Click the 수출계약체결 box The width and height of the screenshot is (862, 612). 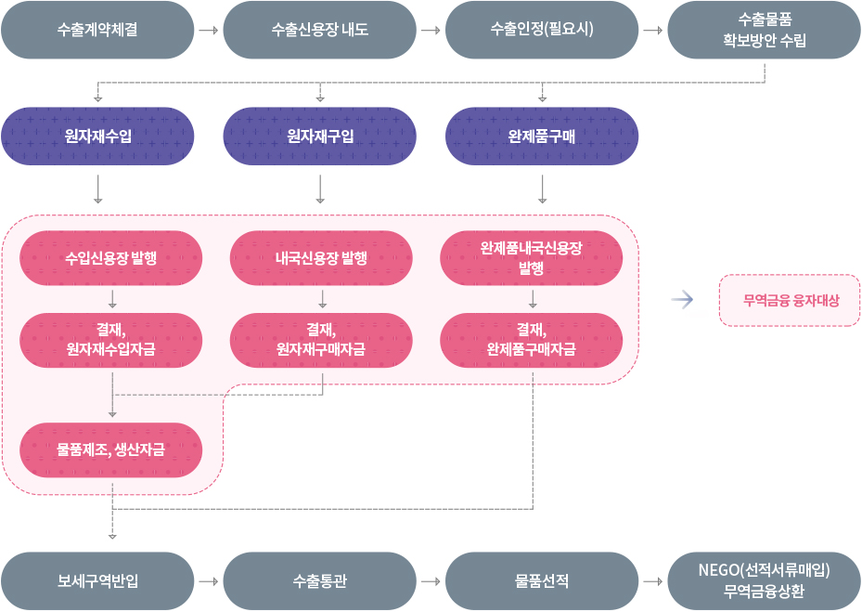(x=97, y=30)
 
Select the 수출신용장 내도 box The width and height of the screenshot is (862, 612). (x=320, y=30)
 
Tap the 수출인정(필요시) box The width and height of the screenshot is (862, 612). (x=542, y=30)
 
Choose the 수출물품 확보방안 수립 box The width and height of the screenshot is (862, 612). (x=765, y=30)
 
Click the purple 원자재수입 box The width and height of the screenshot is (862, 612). (x=97, y=137)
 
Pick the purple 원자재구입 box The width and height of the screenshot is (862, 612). (x=320, y=137)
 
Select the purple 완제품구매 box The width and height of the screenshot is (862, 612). (x=542, y=137)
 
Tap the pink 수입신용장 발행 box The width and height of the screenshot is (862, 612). (x=111, y=257)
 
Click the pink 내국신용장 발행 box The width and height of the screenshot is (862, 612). (x=321, y=257)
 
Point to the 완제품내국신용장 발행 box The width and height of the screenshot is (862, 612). (x=532, y=257)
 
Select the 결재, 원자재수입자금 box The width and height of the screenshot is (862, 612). (x=111, y=340)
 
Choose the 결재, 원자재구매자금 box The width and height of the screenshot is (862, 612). (x=321, y=340)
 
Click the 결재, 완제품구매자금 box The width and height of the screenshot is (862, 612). (x=532, y=340)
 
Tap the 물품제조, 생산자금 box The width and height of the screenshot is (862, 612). (x=111, y=449)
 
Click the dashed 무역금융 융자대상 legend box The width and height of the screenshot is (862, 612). (x=790, y=300)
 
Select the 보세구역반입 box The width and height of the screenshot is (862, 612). (x=97, y=581)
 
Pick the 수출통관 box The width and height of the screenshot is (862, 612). (x=320, y=581)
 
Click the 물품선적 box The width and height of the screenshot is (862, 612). (x=542, y=581)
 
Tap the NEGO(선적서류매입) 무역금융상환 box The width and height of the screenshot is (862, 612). (x=765, y=581)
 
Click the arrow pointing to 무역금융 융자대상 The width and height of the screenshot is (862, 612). (x=683, y=299)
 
